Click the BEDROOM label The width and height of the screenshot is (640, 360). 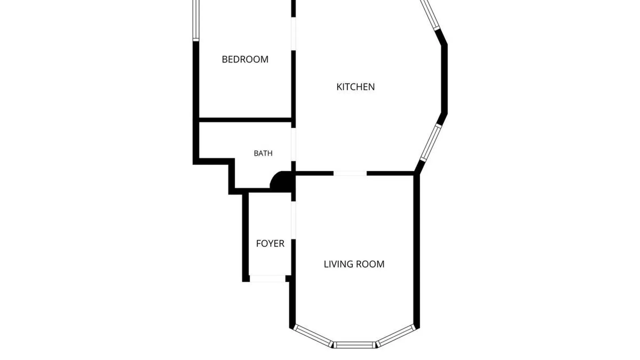245,59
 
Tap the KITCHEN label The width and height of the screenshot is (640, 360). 355,87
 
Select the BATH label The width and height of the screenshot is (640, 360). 263,153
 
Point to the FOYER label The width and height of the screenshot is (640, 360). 270,244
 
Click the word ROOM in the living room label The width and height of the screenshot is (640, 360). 370,264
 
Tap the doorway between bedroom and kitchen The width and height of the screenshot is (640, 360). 293,34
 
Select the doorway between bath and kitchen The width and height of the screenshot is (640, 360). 293,144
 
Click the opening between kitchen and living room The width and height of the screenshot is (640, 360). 350,173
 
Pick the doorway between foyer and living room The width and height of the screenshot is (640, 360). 293,220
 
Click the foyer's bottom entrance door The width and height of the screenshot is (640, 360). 268,278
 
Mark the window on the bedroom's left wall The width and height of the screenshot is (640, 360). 196,20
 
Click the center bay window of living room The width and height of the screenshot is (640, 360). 355,345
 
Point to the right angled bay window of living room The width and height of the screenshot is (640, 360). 397,335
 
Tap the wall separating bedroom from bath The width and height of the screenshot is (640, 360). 245,120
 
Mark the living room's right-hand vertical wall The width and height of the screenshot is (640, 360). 417,251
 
